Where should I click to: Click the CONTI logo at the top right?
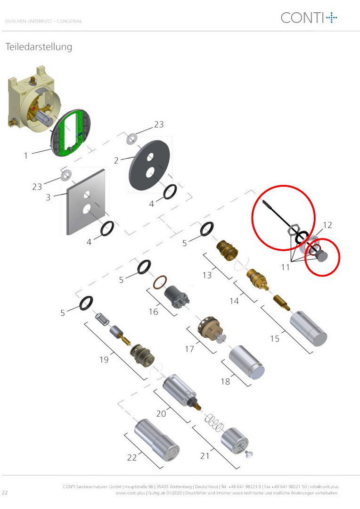point(309,17)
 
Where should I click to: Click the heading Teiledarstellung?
point(39,47)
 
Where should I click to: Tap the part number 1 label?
point(26,156)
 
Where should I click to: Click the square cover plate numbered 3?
point(86,202)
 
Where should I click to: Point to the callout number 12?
point(327,225)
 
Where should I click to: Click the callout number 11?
point(286,267)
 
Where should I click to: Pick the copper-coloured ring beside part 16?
point(160,282)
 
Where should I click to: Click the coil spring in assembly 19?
point(102,319)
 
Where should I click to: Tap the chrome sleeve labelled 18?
point(247,361)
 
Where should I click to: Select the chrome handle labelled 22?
point(156,440)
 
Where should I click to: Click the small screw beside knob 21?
point(249,454)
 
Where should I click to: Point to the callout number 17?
point(189,349)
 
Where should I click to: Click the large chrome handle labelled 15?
point(308,328)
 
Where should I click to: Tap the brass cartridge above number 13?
point(227,250)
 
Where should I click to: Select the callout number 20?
point(161,414)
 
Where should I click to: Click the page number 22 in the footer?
point(5,493)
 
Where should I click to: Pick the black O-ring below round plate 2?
point(170,192)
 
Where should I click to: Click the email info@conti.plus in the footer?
point(324,486)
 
